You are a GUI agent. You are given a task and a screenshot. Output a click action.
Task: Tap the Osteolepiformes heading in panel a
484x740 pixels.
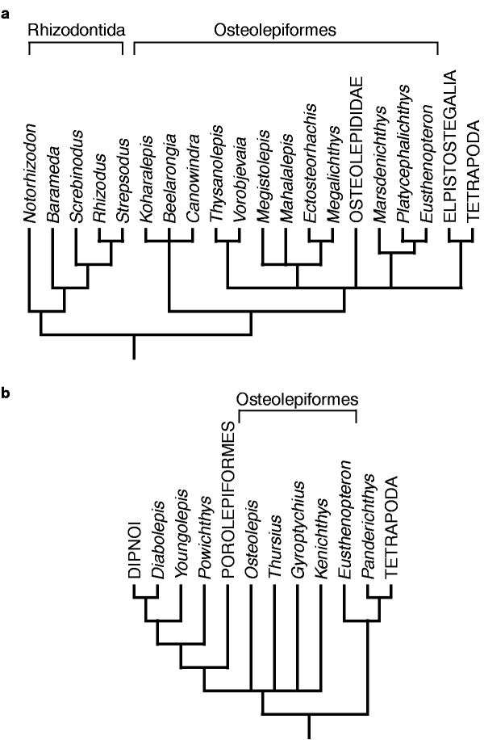click(275, 30)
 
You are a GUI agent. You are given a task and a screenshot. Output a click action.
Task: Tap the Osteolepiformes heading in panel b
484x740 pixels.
click(297, 400)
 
